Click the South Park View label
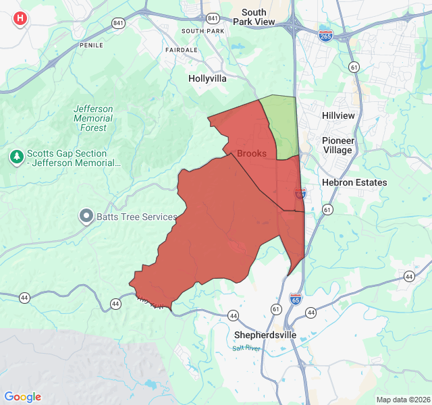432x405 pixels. tap(254, 17)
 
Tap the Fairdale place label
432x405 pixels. tap(182, 50)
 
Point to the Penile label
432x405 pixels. tap(91, 45)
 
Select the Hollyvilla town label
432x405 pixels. tap(207, 78)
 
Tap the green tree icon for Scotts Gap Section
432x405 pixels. tap(17, 157)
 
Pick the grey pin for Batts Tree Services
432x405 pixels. tap(86, 217)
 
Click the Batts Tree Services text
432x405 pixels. tap(137, 217)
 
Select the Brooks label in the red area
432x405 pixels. tap(251, 153)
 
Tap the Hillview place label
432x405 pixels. tap(338, 115)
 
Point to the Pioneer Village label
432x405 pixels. tap(337, 145)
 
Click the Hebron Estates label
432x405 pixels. tap(354, 182)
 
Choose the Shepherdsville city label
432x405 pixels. tap(265, 335)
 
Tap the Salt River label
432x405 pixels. tap(246, 348)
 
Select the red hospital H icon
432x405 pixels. tap(20, 18)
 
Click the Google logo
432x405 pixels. tap(23, 397)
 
